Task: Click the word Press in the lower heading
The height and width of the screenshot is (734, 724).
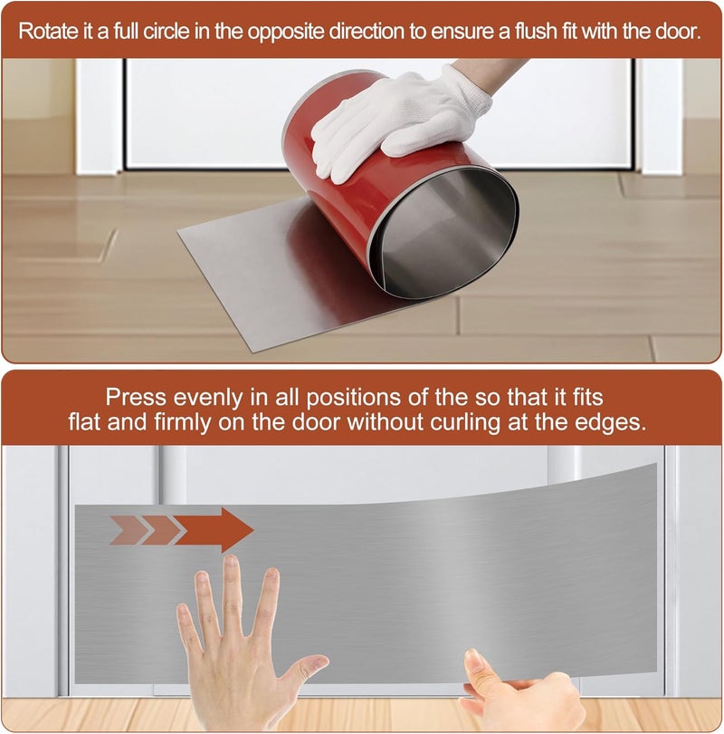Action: coord(136,398)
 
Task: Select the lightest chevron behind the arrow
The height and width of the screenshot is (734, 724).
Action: coord(126,530)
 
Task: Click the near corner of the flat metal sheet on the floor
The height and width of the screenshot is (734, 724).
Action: coord(256,351)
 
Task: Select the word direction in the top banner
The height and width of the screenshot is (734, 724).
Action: coord(366,32)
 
